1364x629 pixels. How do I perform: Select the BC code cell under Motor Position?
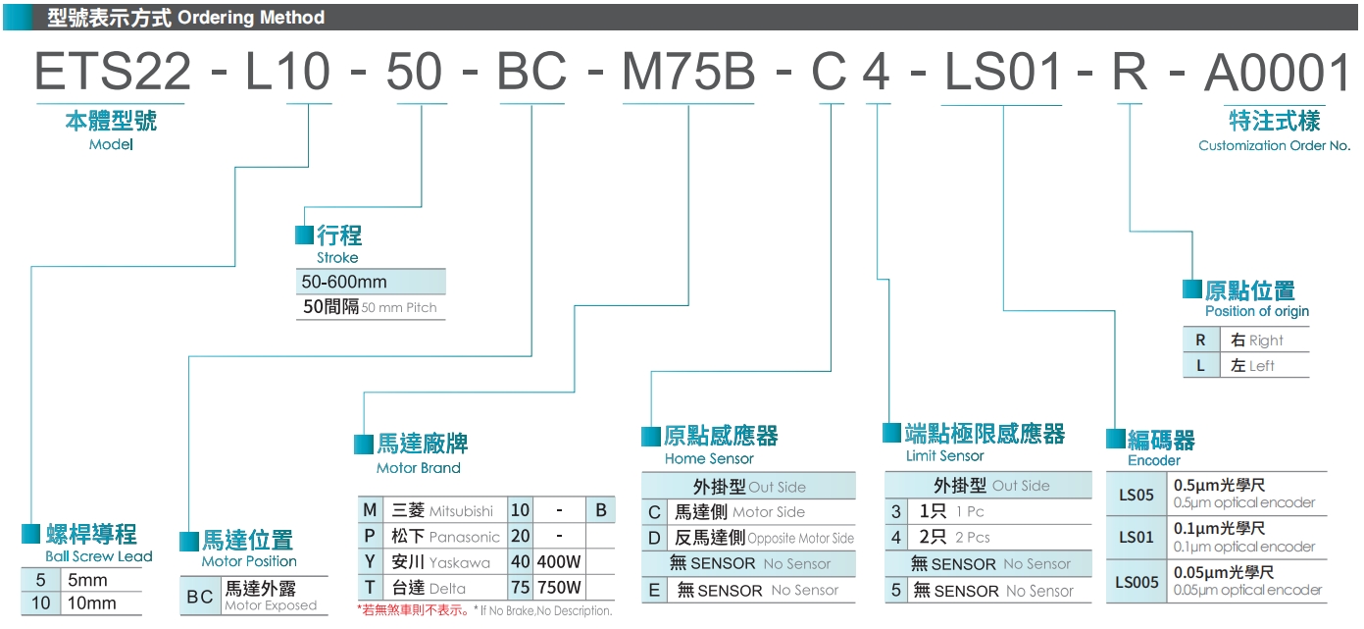point(200,597)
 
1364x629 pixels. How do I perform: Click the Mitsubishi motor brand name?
point(461,511)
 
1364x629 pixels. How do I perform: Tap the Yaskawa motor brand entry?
point(459,562)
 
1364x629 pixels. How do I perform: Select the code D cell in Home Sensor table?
point(654,538)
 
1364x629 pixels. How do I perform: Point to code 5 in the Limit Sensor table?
point(895,591)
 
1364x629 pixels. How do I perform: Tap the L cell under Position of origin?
point(1200,366)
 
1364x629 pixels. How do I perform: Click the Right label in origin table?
point(1265,341)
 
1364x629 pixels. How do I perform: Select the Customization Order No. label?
point(1274,145)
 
